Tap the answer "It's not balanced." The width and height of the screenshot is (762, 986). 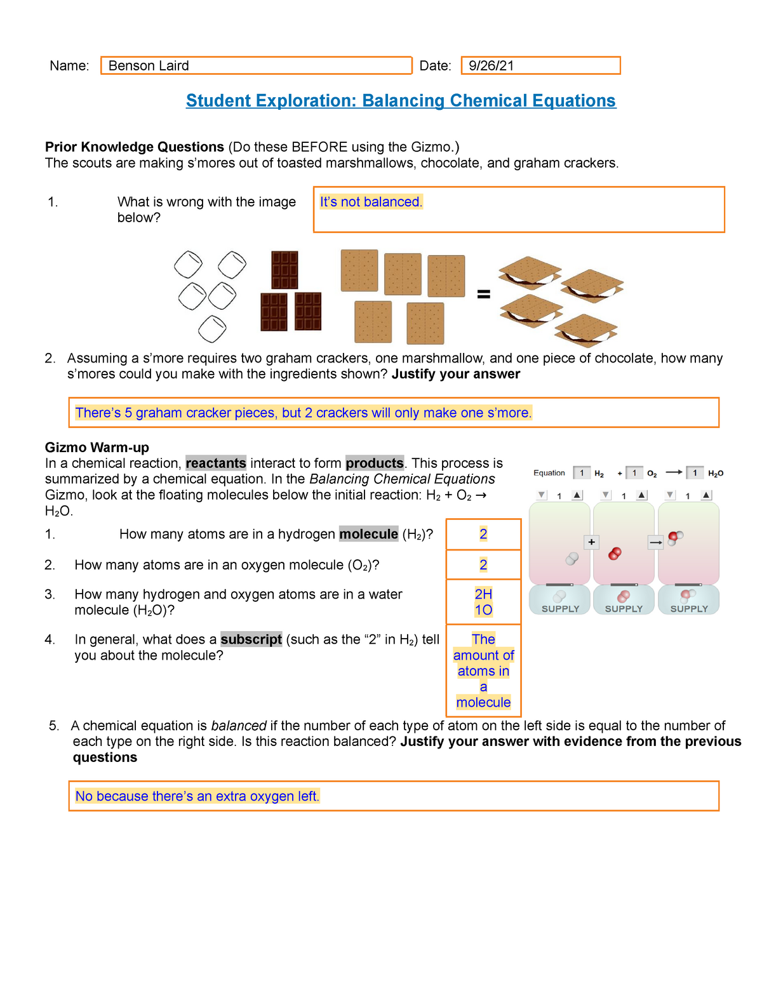point(371,202)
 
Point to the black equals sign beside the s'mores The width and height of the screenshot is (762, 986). point(484,294)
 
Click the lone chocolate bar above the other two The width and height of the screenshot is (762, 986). point(284,270)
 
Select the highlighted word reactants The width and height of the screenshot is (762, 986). point(216,463)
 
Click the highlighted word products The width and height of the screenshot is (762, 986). point(375,463)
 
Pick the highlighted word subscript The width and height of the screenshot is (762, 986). point(251,639)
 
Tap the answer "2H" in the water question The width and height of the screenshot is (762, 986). point(483,594)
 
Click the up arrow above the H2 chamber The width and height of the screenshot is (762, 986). point(577,495)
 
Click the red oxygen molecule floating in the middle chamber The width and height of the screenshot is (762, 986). point(615,554)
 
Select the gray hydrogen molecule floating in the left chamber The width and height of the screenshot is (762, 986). point(572,559)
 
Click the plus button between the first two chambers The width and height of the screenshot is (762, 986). point(591,542)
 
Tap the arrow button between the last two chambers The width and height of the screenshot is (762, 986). point(656,542)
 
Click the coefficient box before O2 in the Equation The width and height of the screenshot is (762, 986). point(634,473)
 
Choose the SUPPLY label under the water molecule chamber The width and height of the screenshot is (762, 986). point(689,609)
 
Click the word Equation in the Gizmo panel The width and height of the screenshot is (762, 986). point(549,473)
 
